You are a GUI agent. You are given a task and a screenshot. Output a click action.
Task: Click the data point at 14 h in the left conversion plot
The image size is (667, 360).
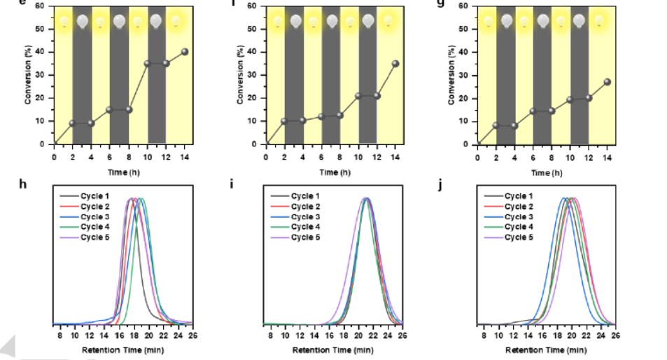point(185,52)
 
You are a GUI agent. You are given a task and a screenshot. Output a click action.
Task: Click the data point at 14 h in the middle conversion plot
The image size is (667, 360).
point(396,64)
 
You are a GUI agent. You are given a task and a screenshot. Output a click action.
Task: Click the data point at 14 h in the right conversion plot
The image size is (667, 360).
point(608,82)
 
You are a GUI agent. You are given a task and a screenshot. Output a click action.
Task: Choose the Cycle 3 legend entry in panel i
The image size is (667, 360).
point(304,217)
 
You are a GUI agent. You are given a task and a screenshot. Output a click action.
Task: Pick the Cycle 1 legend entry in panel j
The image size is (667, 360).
point(517,197)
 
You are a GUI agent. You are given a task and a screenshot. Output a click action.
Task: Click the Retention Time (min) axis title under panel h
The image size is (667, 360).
point(123,349)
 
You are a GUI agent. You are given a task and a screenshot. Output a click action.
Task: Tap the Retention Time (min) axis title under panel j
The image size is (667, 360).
point(545,349)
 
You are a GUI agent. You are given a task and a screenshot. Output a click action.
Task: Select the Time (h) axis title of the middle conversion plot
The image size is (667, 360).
point(333,172)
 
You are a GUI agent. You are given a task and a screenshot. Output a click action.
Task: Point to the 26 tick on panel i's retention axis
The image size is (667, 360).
point(402,335)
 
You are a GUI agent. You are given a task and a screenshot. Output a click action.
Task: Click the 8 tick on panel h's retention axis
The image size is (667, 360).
point(60,335)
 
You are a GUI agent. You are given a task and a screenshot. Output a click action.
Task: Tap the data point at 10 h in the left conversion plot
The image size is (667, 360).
point(147,64)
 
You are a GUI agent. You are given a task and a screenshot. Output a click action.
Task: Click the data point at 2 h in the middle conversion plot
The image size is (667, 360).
point(284,121)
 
